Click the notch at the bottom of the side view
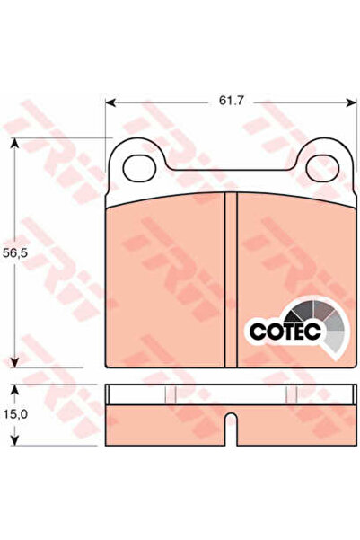click(x=230, y=422)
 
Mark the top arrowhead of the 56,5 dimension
click(x=14, y=143)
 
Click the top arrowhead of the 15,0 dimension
click(x=14, y=389)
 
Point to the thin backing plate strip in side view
click(x=229, y=394)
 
